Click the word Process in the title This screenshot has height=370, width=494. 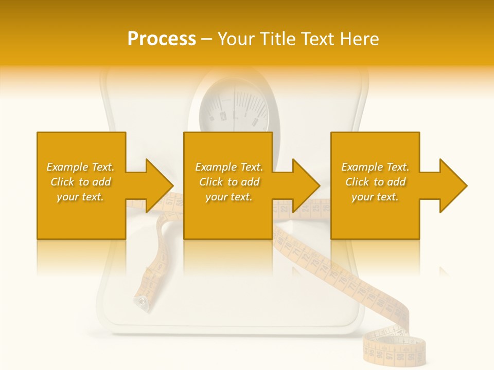tap(162, 39)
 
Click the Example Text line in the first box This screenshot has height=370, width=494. tap(81, 167)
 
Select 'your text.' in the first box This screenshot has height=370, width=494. tap(81, 197)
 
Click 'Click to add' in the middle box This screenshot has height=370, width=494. tap(229, 182)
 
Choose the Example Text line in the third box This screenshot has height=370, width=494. tap(375, 167)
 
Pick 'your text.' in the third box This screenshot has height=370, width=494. tap(375, 197)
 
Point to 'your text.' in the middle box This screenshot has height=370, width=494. tap(229, 197)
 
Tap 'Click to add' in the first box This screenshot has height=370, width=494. tap(81, 182)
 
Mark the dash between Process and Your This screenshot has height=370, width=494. tap(206, 40)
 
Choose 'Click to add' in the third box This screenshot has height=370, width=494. tap(375, 182)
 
